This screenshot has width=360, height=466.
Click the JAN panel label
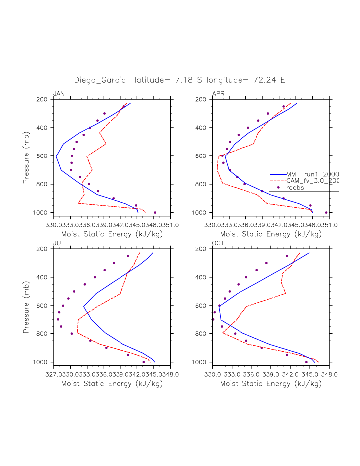(59, 94)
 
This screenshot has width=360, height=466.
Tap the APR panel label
(218, 94)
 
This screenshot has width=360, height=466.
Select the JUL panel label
(58, 243)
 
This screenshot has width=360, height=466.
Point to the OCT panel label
(218, 243)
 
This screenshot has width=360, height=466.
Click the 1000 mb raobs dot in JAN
(155, 213)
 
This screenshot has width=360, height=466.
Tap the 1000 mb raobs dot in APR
(326, 213)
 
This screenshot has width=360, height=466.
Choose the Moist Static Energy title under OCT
(270, 384)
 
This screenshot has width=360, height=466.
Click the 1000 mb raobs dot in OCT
(306, 362)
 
